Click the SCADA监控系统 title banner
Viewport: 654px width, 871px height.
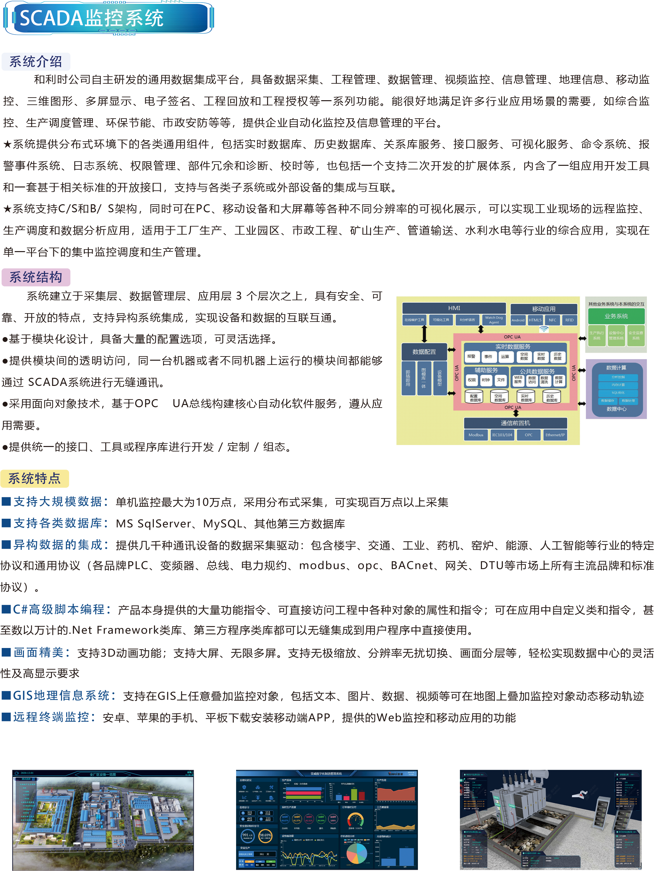pyautogui.click(x=108, y=18)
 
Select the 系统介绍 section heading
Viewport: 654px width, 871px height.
pyautogui.click(x=36, y=61)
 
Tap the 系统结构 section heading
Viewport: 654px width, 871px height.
pyautogui.click(x=36, y=277)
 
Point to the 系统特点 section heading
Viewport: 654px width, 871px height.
pyautogui.click(x=35, y=478)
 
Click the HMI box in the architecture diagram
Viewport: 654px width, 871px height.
pyautogui.click(x=454, y=308)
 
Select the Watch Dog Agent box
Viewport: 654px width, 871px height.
pyautogui.click(x=493, y=320)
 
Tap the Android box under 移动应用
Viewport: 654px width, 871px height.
pyautogui.click(x=518, y=320)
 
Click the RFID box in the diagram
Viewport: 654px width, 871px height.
pyautogui.click(x=569, y=320)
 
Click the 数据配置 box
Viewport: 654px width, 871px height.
pyautogui.click(x=424, y=352)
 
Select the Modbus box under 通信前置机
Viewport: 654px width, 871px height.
pyautogui.click(x=476, y=435)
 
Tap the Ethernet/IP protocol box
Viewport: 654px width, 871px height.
pyautogui.click(x=555, y=435)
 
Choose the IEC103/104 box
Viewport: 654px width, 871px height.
pyautogui.click(x=502, y=435)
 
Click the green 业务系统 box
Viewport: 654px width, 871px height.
pyautogui.click(x=616, y=316)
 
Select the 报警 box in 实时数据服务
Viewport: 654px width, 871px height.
pyautogui.click(x=471, y=356)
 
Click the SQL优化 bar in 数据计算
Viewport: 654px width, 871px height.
pyautogui.click(x=618, y=393)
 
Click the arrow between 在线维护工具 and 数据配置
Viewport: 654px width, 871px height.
pyautogui.click(x=424, y=334)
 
